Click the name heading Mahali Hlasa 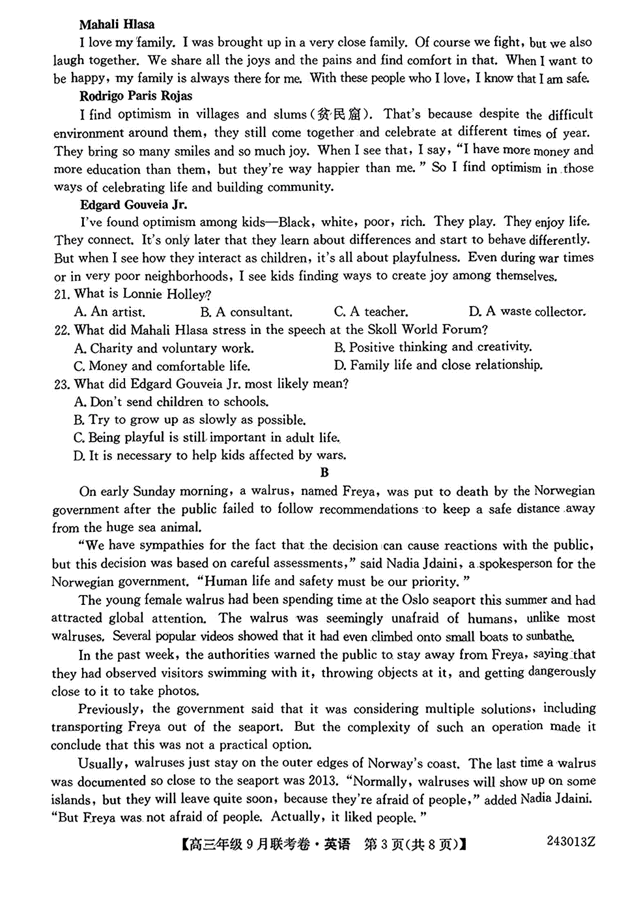[117, 24]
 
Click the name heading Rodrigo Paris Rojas [136, 96]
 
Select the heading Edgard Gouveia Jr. [133, 204]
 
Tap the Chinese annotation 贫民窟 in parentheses [340, 114]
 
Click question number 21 [61, 295]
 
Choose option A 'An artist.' [109, 312]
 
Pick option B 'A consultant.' [246, 312]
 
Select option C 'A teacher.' [371, 312]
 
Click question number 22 [61, 330]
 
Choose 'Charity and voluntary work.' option [164, 348]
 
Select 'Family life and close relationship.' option [438, 365]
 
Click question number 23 [61, 385]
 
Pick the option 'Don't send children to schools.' [171, 402]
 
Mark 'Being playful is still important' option [207, 437]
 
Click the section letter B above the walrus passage [324, 473]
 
